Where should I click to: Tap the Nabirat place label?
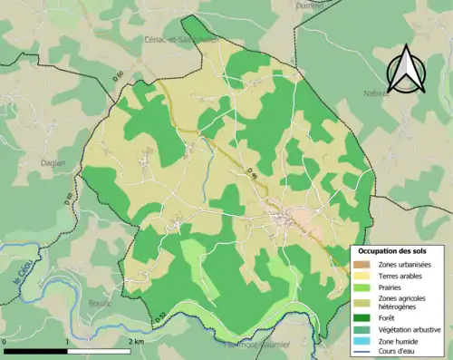click(377, 92)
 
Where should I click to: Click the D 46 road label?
click(253, 170)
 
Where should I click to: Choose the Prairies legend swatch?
click(362, 286)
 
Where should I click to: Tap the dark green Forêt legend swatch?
click(362, 317)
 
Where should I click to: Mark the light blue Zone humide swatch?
click(362, 340)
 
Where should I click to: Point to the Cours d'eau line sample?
click(362, 352)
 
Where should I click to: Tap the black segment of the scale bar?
click(35, 350)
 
